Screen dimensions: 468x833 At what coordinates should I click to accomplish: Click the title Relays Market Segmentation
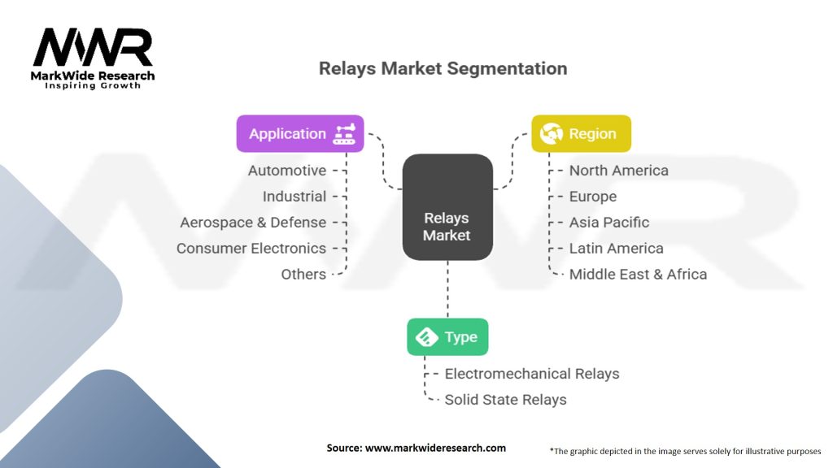pyautogui.click(x=443, y=68)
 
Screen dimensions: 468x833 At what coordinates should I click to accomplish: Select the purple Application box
pyautogui.click(x=299, y=134)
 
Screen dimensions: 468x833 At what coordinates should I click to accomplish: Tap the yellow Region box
pyautogui.click(x=581, y=134)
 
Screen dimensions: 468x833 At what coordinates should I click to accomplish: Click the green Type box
pyautogui.click(x=447, y=337)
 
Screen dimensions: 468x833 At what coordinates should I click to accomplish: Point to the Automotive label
pyautogui.click(x=287, y=171)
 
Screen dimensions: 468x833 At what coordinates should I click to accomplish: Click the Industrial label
pyautogui.click(x=294, y=197)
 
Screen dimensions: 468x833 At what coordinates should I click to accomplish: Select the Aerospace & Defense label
pyautogui.click(x=253, y=223)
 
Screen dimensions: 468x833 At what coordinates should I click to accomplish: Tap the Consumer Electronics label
pyautogui.click(x=251, y=249)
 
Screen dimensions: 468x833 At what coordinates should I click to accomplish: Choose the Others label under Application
pyautogui.click(x=303, y=275)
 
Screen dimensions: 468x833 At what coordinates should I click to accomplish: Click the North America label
pyautogui.click(x=618, y=171)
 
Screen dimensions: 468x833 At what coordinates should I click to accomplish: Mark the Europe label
pyautogui.click(x=593, y=197)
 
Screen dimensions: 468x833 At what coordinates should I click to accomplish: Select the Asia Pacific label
pyautogui.click(x=609, y=223)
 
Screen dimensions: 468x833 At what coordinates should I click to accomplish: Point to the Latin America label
pyautogui.click(x=616, y=249)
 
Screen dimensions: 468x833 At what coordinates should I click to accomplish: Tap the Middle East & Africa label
pyautogui.click(x=638, y=275)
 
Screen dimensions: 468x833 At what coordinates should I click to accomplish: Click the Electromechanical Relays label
pyautogui.click(x=532, y=374)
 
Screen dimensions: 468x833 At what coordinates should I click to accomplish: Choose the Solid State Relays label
pyautogui.click(x=505, y=400)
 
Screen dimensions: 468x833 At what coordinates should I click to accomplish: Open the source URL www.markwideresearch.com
pyautogui.click(x=435, y=448)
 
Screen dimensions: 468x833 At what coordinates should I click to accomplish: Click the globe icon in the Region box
pyautogui.click(x=551, y=134)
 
